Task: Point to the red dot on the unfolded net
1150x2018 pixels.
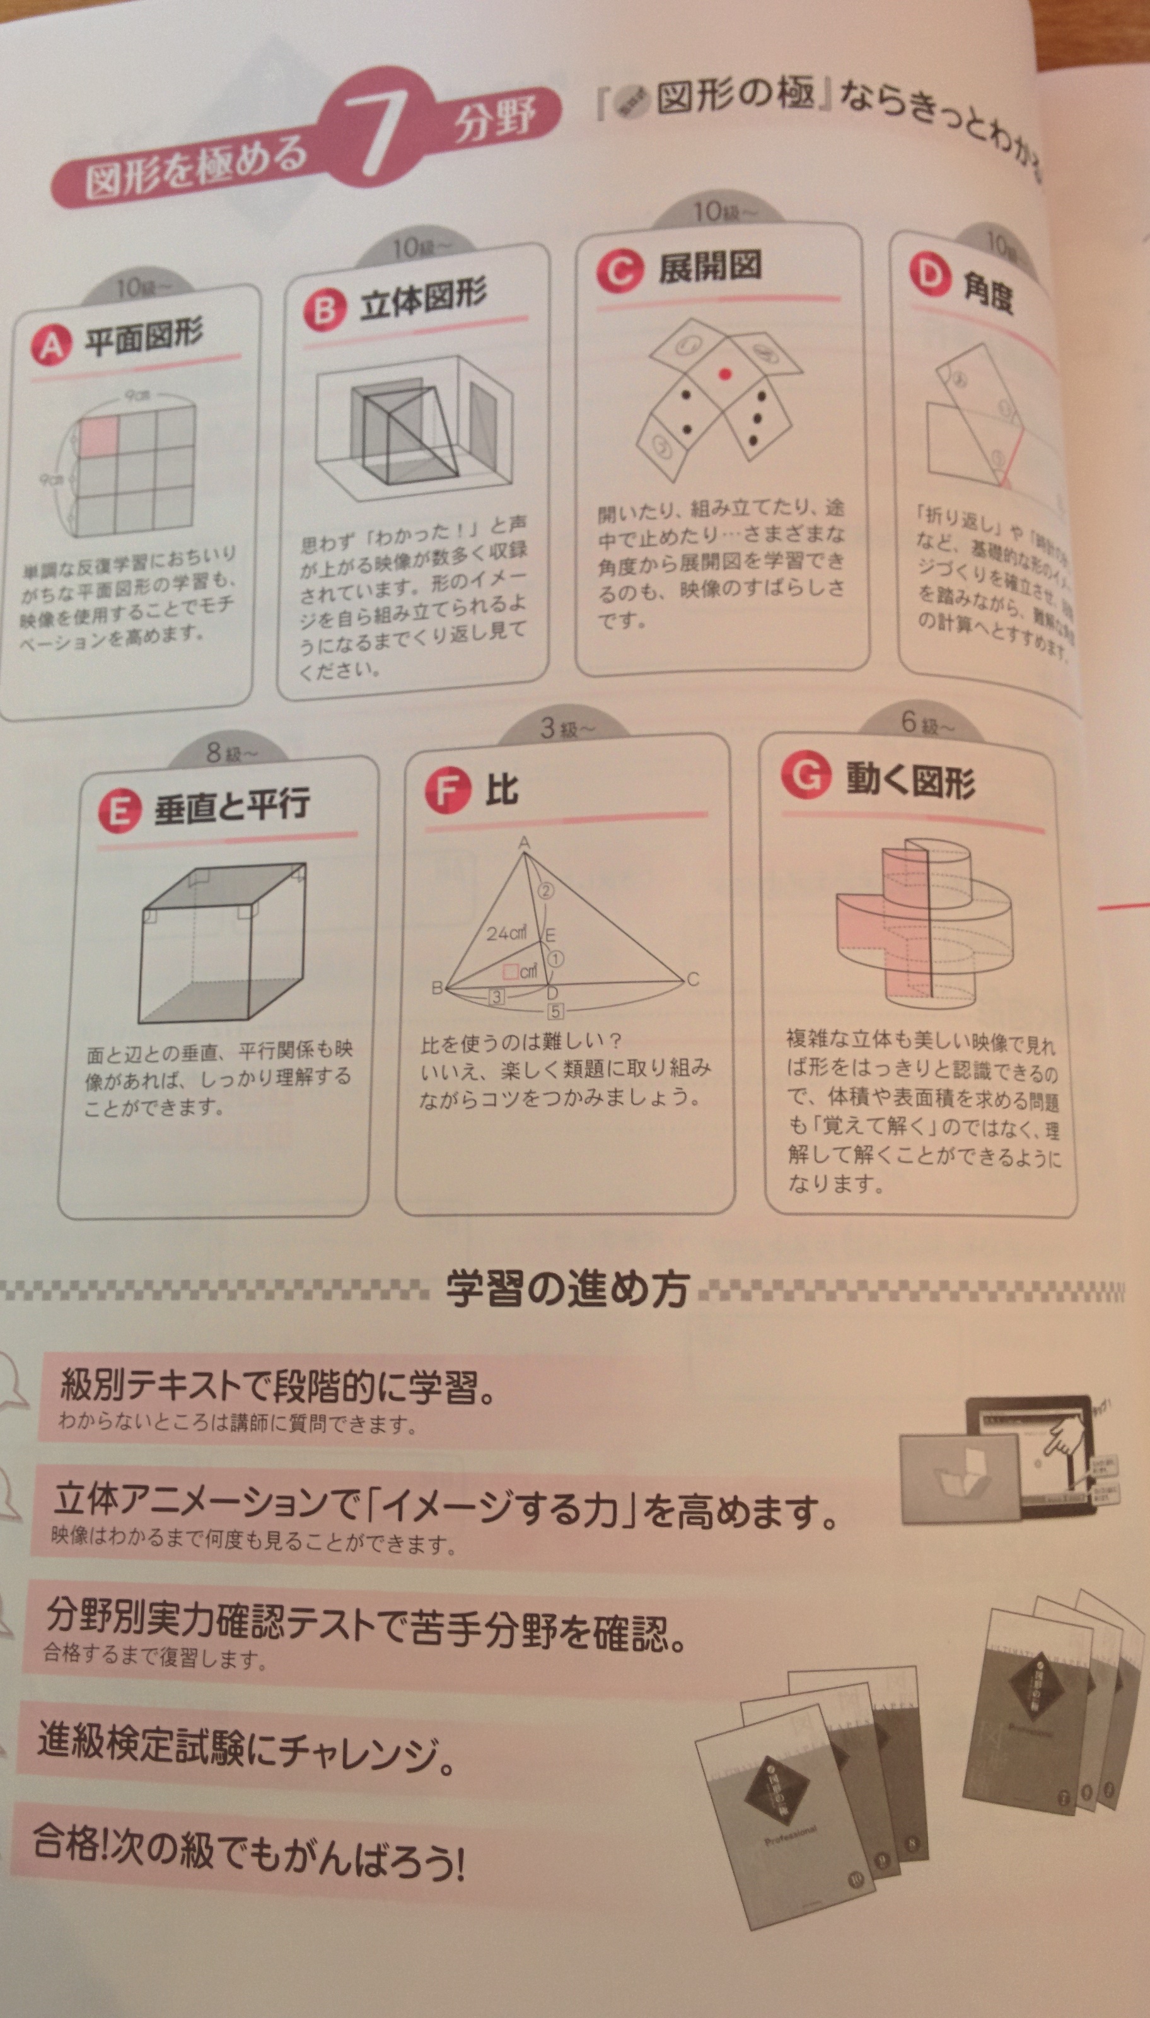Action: (725, 373)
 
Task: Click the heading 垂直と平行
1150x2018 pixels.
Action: (231, 805)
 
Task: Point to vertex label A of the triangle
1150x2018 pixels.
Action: (524, 844)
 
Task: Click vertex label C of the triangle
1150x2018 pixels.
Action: (693, 980)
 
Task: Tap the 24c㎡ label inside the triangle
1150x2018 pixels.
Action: (506, 933)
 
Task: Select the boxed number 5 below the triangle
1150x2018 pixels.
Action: (555, 1011)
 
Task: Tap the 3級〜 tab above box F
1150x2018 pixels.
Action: (566, 728)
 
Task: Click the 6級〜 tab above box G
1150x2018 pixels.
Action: (927, 723)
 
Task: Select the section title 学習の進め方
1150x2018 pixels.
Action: (566, 1289)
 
